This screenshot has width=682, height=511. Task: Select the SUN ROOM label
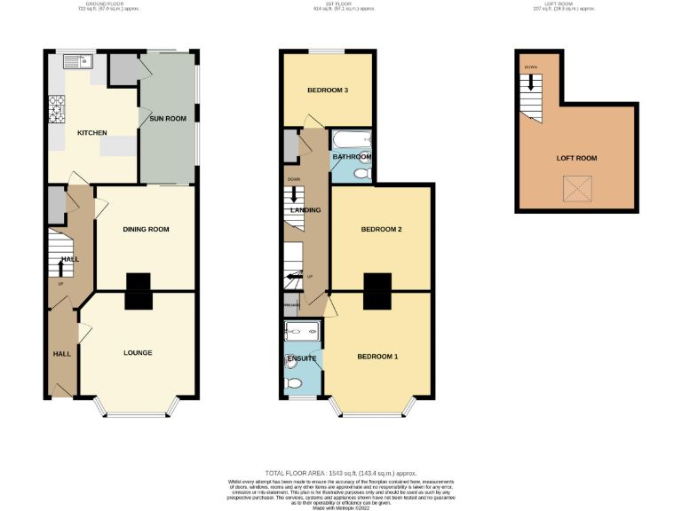pos(168,118)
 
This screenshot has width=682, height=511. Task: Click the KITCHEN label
pos(91,133)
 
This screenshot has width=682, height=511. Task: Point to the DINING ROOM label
pos(145,230)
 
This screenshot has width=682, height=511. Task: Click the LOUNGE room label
pos(138,353)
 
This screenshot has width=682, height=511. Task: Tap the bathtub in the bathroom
pos(353,139)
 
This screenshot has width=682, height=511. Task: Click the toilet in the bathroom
pos(361,174)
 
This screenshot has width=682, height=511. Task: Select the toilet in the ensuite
pos(295,383)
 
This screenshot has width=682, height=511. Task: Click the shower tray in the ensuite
pos(304,332)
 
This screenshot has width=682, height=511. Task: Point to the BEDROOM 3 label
pos(328,90)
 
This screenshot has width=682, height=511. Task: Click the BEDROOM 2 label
pos(381,230)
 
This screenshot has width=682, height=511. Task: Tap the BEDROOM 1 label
pos(377,357)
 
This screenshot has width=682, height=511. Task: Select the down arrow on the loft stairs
pos(532,83)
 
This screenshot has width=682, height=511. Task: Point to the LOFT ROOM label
pos(576,158)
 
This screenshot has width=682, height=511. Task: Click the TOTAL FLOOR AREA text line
pos(341,474)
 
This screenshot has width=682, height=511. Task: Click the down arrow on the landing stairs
pos(293,192)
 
